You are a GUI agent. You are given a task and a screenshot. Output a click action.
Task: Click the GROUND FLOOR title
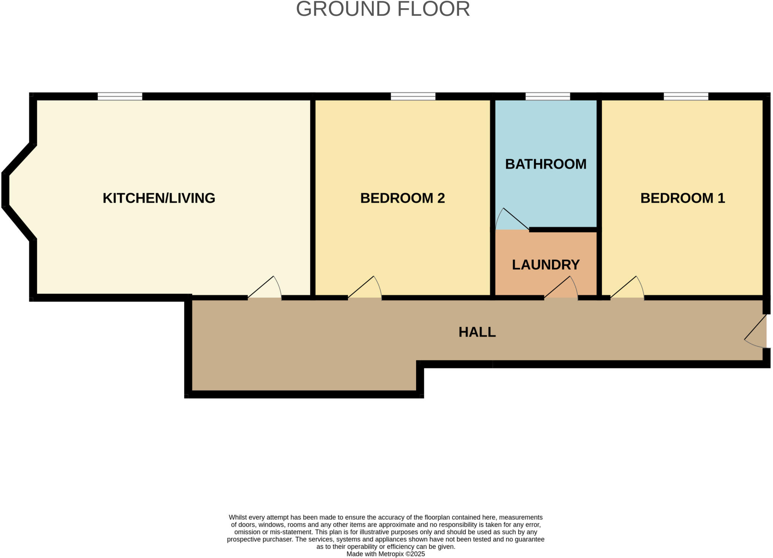[x=383, y=9]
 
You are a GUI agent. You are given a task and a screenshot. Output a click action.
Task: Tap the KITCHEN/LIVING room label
[x=159, y=198]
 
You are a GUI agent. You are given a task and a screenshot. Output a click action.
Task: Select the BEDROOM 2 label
[x=402, y=198]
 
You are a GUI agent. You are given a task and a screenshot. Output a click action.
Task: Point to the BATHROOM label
[x=545, y=164]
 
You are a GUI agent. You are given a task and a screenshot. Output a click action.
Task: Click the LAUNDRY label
[x=545, y=265]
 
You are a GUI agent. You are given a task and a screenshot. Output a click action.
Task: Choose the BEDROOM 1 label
[x=682, y=198]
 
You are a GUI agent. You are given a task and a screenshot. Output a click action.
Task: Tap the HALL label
[x=477, y=332]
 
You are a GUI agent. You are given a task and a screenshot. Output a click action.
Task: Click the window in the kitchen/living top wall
[x=120, y=97]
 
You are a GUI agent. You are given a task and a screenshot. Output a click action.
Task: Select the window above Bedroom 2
[x=413, y=97]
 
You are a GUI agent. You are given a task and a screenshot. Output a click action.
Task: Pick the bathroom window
[x=547, y=97]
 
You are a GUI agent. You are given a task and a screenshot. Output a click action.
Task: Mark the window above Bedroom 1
[x=686, y=97]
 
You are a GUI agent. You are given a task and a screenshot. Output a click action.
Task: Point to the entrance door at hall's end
[x=759, y=331]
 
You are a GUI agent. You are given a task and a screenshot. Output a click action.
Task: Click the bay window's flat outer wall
[x=5, y=190]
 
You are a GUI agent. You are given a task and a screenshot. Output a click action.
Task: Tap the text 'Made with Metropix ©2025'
[x=385, y=554]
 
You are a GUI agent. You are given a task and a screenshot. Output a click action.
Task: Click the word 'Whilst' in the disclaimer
[x=237, y=517]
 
